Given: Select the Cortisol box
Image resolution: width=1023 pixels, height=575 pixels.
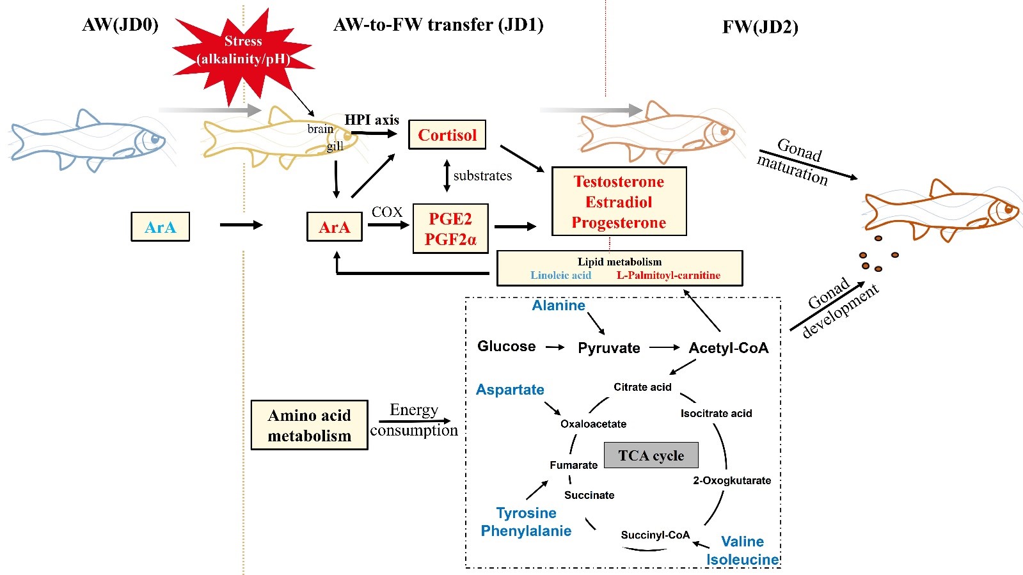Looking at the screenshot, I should coord(447,135).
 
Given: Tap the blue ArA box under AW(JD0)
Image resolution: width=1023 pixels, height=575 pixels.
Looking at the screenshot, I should coord(160,227).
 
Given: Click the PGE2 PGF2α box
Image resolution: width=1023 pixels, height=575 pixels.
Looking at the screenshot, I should coord(450,229).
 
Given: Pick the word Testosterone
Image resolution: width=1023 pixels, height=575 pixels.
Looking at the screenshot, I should coord(619,182).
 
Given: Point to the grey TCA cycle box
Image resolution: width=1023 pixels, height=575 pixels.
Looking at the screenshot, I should coord(651,455).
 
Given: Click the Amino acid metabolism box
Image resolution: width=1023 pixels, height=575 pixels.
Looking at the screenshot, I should coord(309,425).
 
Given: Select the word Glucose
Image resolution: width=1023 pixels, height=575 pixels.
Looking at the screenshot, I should coord(506,346).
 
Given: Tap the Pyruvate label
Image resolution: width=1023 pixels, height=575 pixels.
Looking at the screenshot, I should coord(608,348).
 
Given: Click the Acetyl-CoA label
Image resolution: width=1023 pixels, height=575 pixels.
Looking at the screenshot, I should coord(728,348).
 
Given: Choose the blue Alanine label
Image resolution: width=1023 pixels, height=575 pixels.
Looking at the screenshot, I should coord(559,306).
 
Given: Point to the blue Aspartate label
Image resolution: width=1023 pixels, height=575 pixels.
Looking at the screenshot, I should coord(510,390).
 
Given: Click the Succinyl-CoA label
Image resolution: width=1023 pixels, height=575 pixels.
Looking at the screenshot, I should coord(655,535).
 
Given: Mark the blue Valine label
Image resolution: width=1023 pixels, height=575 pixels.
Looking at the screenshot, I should coord(742,542).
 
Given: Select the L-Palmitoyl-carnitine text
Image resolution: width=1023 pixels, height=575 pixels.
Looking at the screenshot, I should coord(668,276).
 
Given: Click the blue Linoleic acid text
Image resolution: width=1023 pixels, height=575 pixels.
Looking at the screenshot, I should coord(560,276).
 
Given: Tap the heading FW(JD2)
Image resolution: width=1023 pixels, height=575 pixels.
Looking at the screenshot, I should coord(760,28).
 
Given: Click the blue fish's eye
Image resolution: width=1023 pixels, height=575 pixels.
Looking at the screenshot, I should coord(154,137).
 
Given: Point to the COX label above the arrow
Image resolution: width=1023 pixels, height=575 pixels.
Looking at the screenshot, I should coord(387,212).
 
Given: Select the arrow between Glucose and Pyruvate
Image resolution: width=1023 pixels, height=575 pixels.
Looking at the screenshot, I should coord(555,347).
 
